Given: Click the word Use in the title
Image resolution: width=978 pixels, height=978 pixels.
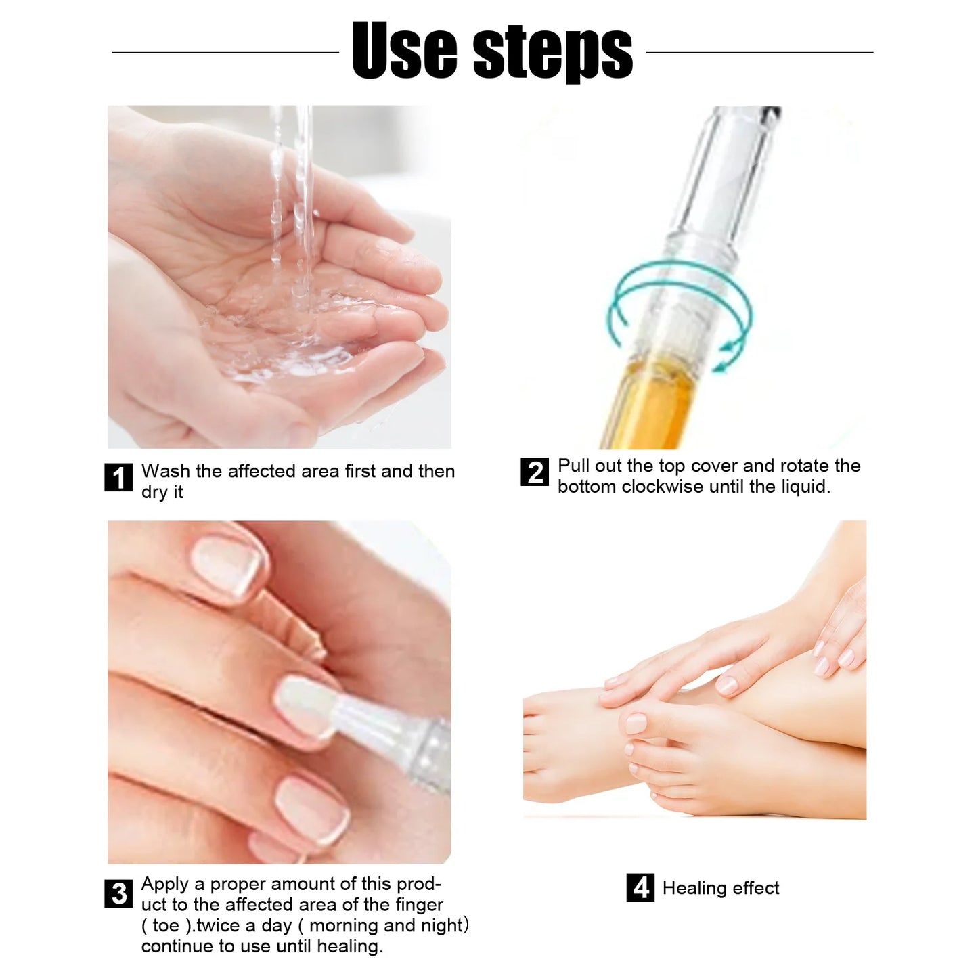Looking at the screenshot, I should [x=404, y=51].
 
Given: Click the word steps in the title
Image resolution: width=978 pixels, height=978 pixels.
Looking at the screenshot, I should [x=552, y=53].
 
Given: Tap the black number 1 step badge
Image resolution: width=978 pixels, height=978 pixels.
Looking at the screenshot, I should [x=118, y=478].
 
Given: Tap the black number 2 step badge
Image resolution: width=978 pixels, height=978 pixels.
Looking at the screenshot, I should [x=535, y=472].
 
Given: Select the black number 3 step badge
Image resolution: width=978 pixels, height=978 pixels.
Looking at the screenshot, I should [x=118, y=893].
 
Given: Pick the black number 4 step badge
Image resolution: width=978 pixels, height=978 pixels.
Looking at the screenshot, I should [x=640, y=887].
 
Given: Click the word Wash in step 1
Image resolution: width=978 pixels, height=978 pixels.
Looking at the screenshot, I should [x=165, y=471].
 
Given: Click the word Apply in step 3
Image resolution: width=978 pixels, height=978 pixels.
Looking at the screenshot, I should [x=165, y=884].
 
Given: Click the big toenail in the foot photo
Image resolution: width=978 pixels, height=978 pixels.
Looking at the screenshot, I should [x=636, y=723].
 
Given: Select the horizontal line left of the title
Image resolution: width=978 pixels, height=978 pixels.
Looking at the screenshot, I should [x=225, y=52].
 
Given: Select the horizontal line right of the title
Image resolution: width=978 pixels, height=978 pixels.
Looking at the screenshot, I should [x=759, y=52].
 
